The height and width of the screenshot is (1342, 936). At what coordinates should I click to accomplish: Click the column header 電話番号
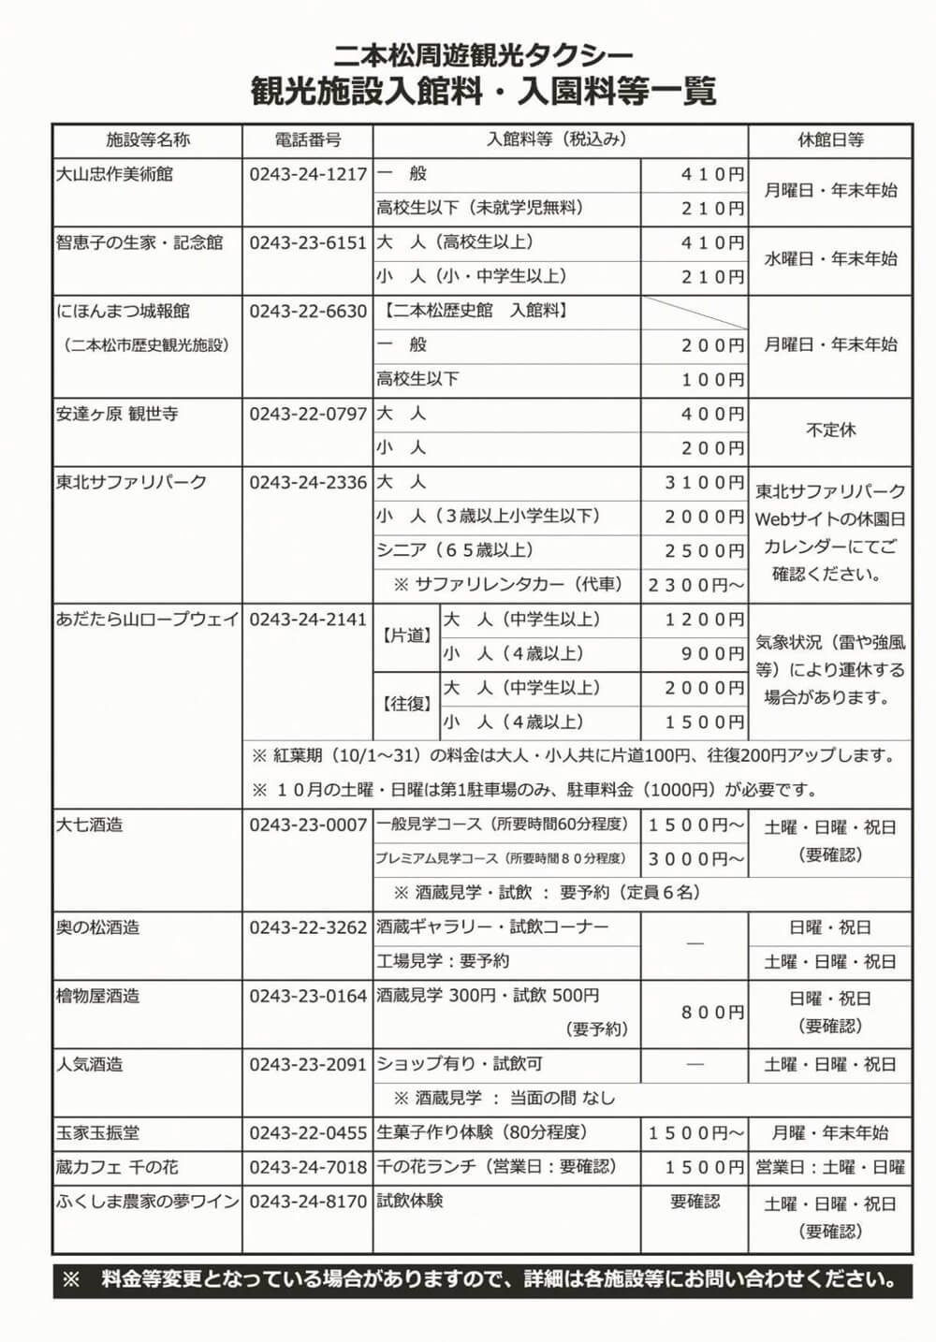coord(308,140)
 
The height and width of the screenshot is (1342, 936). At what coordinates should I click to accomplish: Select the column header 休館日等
coord(830,140)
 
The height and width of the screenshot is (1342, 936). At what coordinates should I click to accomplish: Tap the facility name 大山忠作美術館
coord(115,174)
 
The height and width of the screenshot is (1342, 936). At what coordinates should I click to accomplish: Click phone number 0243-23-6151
coord(308,242)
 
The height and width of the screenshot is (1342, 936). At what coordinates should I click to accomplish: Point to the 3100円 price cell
coord(704,483)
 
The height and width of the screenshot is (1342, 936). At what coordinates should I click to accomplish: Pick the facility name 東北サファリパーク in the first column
coord(132,483)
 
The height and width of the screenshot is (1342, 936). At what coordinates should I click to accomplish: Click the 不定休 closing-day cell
coord(830,430)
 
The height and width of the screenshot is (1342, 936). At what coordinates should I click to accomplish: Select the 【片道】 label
coord(407,636)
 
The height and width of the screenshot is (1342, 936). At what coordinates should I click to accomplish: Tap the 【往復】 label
coord(407,704)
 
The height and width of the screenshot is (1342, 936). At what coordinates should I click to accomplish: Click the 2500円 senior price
coord(704,551)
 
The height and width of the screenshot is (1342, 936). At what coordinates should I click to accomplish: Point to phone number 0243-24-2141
coord(308,620)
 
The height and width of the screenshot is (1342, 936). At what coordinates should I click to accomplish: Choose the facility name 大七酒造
coord(90,825)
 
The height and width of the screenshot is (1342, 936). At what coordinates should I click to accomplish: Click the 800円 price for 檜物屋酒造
coord(712,1013)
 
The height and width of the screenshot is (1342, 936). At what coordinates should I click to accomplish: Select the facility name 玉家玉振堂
coord(98,1133)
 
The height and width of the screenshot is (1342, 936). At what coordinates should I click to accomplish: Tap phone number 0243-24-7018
coord(308,1168)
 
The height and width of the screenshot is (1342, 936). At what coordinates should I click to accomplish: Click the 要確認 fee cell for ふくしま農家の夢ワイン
coord(695,1202)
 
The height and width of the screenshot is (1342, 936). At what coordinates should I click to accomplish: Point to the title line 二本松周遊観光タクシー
coord(483,55)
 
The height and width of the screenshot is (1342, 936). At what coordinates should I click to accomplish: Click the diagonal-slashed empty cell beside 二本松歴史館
coord(695,312)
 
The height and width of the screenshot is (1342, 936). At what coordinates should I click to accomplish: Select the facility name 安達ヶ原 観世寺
coord(117,414)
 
